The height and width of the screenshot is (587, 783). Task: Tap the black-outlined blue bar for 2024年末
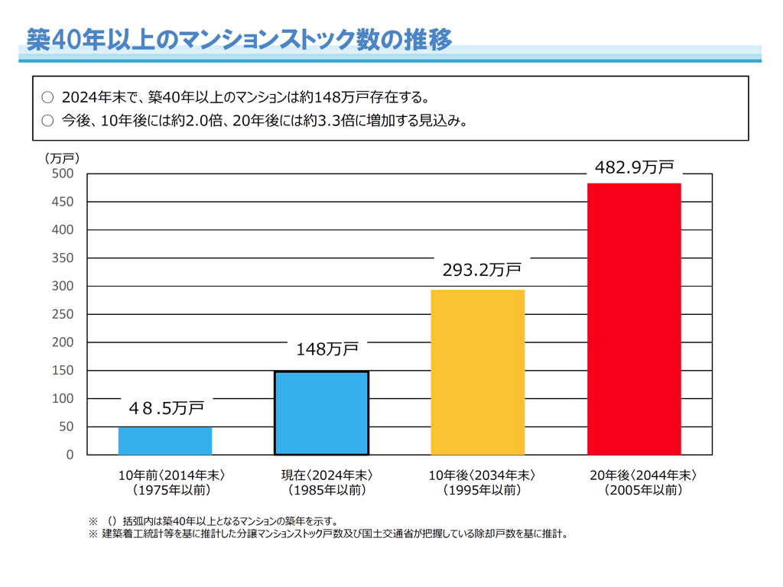(321, 413)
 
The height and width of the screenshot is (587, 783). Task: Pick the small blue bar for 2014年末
(165, 441)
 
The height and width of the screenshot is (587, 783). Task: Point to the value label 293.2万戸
(482, 270)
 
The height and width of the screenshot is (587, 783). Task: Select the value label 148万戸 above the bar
(327, 350)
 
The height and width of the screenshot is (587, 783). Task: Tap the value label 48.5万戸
(166, 409)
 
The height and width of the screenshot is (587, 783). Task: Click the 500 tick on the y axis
(64, 174)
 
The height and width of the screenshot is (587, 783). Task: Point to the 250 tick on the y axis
(64, 314)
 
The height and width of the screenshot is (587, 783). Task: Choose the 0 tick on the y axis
(70, 455)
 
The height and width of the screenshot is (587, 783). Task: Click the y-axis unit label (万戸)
(62, 158)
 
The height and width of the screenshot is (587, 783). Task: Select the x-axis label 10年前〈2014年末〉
(171, 475)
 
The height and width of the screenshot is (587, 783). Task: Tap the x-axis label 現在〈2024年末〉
(327, 475)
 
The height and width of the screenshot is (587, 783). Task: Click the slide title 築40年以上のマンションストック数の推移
(239, 40)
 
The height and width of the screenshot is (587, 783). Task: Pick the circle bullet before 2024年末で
(47, 97)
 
